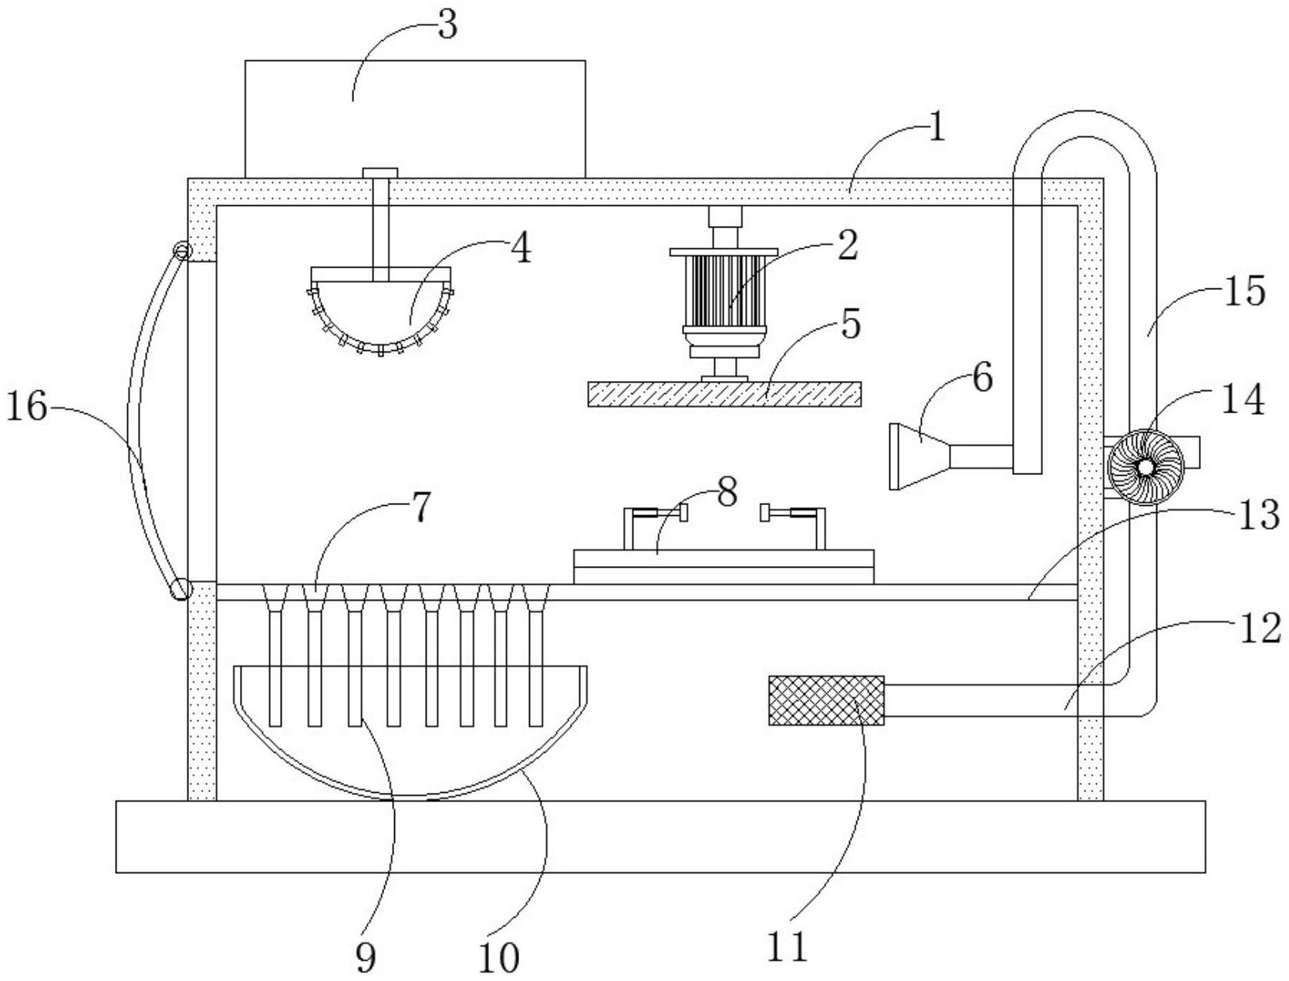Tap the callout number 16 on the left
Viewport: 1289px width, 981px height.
(x=27, y=406)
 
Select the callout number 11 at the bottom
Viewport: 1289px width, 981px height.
(x=788, y=946)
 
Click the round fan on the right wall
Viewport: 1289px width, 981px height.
(x=1145, y=467)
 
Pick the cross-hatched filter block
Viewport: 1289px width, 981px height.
(x=826, y=700)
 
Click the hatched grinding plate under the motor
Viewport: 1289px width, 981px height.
(x=724, y=393)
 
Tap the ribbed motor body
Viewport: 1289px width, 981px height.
(x=724, y=292)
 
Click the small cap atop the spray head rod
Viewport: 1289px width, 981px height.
(x=379, y=172)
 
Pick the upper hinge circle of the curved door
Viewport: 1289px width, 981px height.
(x=181, y=251)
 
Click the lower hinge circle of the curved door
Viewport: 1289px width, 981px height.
(x=181, y=589)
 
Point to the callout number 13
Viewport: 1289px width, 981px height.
(x=1259, y=514)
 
